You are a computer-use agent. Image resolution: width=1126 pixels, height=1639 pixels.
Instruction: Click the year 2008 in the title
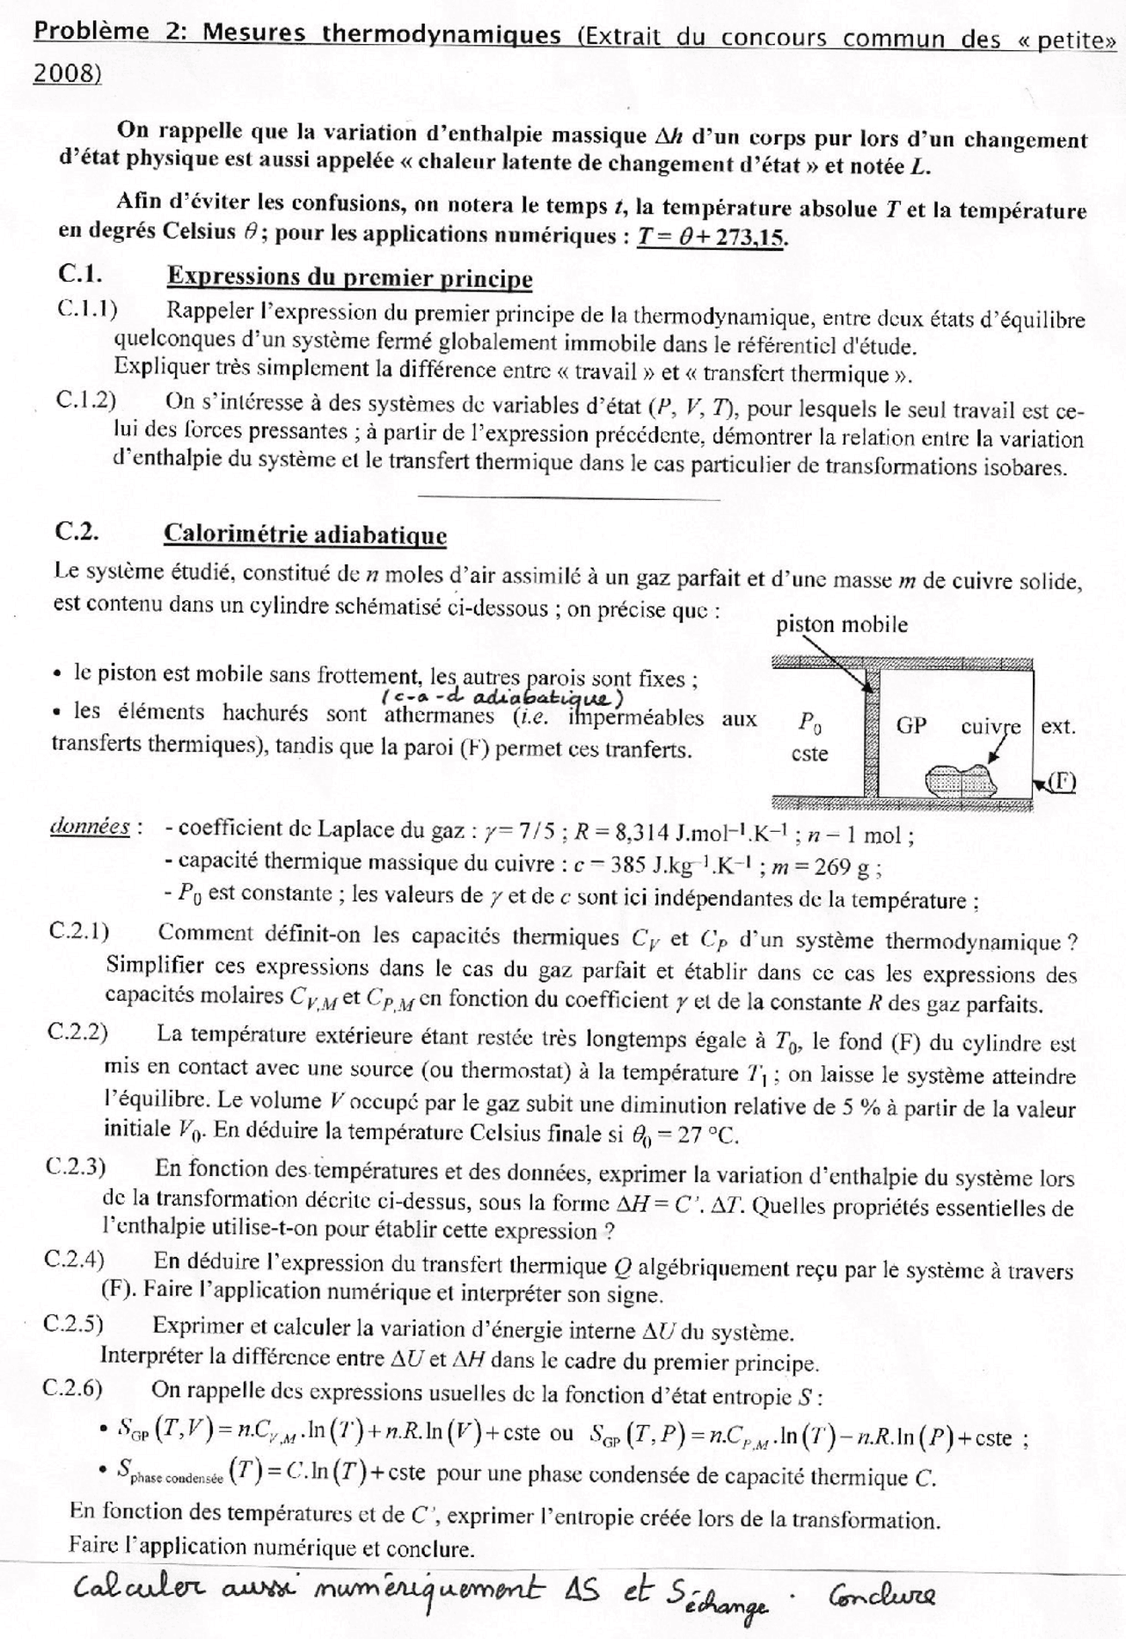coord(66,75)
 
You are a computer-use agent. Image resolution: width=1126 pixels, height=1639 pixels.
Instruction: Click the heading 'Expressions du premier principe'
coord(349,278)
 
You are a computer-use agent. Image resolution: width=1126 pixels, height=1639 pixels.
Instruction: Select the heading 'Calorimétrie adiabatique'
coord(304,534)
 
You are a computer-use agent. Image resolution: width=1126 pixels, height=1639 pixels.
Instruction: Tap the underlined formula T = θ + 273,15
coord(710,238)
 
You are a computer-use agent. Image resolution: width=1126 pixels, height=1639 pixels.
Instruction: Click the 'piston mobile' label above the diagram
coord(841,626)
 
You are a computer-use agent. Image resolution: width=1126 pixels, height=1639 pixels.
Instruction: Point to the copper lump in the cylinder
coord(960,780)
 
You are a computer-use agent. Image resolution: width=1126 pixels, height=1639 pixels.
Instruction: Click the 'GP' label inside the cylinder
coord(911,727)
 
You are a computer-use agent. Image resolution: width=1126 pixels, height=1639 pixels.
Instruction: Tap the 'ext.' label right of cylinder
coord(1058,727)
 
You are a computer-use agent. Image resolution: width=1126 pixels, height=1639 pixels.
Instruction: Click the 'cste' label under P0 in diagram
coord(809,754)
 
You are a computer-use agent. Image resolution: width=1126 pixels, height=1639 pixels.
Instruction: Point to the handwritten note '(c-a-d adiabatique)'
coord(503,698)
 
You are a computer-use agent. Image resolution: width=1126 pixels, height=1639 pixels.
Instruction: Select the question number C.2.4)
coord(75,1260)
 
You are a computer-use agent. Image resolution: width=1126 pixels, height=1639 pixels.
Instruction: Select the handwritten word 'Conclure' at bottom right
coord(881,1594)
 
